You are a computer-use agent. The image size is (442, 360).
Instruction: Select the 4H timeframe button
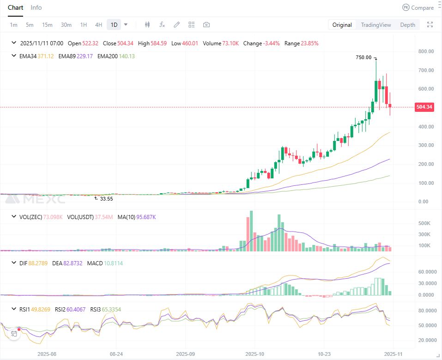click(x=98, y=25)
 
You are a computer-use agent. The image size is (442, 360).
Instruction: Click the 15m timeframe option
click(x=47, y=25)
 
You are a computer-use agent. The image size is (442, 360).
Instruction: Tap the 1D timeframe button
click(x=114, y=25)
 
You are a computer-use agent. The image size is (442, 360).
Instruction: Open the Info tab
click(x=36, y=7)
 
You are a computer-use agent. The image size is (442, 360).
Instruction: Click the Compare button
click(x=418, y=7)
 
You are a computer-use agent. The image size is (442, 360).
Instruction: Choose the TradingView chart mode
click(x=375, y=25)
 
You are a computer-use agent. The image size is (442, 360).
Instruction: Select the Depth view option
click(x=407, y=25)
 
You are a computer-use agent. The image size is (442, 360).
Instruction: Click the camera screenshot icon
click(x=206, y=25)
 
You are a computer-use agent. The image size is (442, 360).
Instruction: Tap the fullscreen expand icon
click(x=430, y=25)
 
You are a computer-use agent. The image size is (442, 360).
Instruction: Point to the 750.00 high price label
click(x=363, y=57)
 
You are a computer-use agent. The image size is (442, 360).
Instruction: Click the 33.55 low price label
click(x=106, y=199)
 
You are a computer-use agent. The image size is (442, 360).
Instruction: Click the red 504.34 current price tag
click(x=424, y=107)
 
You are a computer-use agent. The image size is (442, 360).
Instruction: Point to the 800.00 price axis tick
click(x=425, y=51)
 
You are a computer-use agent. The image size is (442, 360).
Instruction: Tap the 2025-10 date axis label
click(x=255, y=354)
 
